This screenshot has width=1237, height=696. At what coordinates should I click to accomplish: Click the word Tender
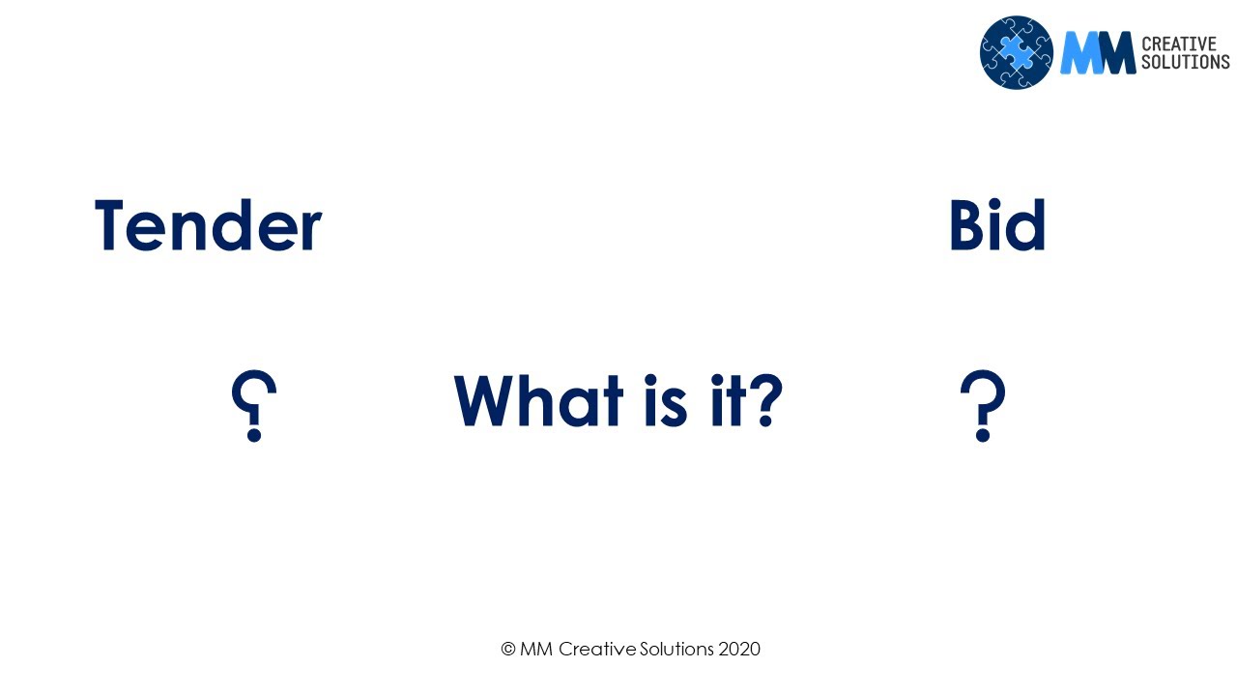tap(208, 225)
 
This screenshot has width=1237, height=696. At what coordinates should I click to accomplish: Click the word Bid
tap(997, 225)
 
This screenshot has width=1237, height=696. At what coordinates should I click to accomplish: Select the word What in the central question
tap(538, 400)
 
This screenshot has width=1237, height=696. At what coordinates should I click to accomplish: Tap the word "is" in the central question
tap(666, 400)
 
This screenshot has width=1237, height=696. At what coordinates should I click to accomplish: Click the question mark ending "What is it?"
tap(766, 400)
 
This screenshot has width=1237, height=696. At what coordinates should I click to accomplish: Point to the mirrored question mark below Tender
tap(253, 405)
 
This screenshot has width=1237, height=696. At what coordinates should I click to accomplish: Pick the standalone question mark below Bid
tap(983, 405)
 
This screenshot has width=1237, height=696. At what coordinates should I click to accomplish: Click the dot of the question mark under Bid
tap(983, 435)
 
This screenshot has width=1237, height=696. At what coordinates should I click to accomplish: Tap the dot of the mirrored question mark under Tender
tap(254, 435)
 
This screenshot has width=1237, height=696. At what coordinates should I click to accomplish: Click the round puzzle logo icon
tap(1017, 52)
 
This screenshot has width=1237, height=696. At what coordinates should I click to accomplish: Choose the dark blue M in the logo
tap(1115, 52)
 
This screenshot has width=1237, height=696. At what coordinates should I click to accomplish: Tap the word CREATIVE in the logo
tap(1178, 43)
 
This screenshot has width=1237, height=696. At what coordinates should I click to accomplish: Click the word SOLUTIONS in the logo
tap(1186, 62)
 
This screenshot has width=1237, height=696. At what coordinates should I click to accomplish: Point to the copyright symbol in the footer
tap(508, 649)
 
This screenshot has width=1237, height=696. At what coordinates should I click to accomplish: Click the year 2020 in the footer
tap(739, 649)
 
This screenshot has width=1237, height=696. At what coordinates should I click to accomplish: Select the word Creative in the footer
tap(597, 649)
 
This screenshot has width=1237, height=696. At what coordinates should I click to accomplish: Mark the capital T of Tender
tap(109, 225)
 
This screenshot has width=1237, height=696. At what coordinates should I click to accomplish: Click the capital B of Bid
tap(965, 225)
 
